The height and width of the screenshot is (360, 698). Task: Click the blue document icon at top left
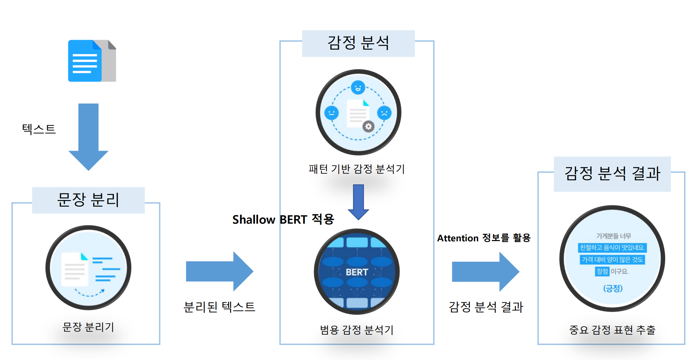point(85,61)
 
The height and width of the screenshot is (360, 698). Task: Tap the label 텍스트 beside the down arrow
point(39,129)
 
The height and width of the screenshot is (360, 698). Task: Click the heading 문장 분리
point(88,200)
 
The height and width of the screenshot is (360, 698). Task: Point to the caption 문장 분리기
point(88,327)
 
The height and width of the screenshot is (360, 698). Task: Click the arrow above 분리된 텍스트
point(219,271)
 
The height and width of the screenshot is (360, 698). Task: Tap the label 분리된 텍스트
point(219,307)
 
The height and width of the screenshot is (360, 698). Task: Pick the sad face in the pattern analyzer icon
point(384,113)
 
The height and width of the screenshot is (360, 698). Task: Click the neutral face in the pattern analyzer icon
point(331,113)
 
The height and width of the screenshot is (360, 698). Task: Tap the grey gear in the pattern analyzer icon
point(368,126)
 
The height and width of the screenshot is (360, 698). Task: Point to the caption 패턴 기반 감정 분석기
point(357,169)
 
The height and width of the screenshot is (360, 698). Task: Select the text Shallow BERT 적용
point(283,219)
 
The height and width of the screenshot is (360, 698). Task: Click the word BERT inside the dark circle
point(357,272)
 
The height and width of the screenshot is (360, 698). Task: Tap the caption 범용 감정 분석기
point(357,330)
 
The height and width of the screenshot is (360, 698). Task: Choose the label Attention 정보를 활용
point(484,238)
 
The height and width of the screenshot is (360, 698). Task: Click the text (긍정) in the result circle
point(613,288)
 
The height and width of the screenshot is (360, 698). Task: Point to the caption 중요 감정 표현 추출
point(612,330)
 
